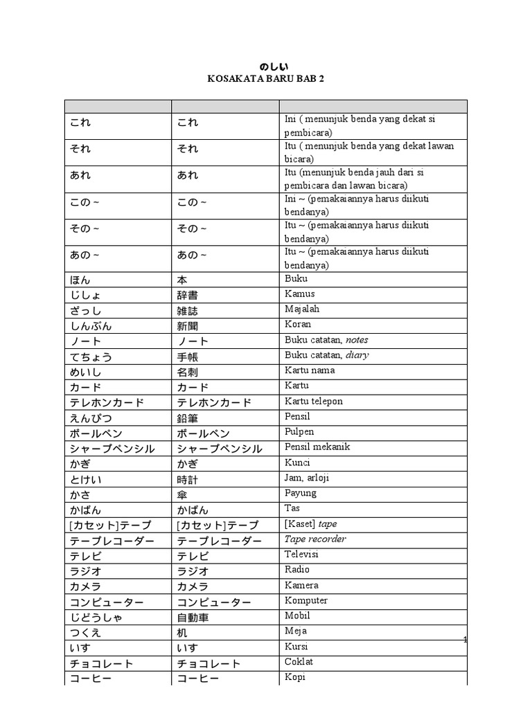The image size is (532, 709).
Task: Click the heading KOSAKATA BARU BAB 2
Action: point(265,79)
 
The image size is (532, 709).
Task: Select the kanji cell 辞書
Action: point(188,295)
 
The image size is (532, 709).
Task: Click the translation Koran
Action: point(298,324)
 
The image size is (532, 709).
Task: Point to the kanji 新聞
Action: point(188,325)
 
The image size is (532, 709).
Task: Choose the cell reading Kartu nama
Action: point(310,370)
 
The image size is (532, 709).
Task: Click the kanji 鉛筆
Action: point(188,418)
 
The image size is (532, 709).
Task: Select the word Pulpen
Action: point(299,431)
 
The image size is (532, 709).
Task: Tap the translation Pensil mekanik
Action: point(317,447)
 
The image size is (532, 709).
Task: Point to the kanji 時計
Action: point(188,479)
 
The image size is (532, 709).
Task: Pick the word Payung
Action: point(301,493)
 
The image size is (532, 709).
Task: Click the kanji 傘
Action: point(182,494)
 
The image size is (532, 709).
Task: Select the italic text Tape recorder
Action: point(315,539)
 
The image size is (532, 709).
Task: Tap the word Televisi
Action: point(301,554)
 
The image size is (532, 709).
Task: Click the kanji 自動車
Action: point(193,618)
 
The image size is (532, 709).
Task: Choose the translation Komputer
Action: point(306,600)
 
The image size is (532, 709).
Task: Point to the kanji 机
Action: point(182,633)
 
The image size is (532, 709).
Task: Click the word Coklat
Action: point(299,661)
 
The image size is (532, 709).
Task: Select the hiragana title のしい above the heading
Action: point(265,66)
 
